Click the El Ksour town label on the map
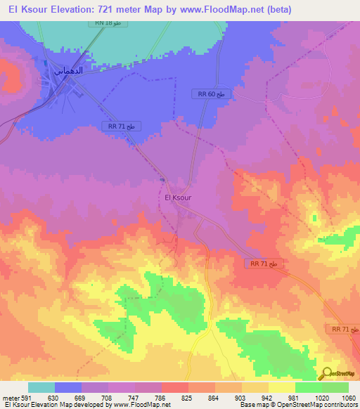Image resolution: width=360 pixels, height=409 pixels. tap(177, 197)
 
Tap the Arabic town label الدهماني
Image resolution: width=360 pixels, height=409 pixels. tap(68, 70)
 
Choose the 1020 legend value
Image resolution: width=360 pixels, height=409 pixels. tap(321, 398)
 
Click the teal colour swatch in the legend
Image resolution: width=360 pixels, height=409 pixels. tap(41, 387)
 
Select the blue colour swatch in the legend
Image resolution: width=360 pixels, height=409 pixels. tap(68, 387)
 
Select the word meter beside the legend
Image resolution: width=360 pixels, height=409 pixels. tap(11, 398)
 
